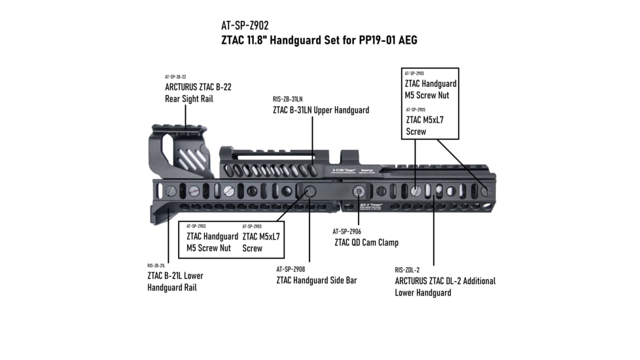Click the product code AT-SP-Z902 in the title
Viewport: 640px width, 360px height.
click(x=245, y=27)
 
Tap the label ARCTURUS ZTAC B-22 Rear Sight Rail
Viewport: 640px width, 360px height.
click(x=198, y=92)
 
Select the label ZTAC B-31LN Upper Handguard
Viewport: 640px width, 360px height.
click(x=321, y=110)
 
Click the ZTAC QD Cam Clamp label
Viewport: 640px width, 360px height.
click(x=366, y=243)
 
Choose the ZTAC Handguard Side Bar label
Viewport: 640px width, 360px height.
click(x=316, y=280)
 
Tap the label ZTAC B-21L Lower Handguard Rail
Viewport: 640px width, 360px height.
click(x=175, y=281)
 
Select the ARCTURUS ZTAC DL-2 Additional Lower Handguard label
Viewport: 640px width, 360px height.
click(x=445, y=287)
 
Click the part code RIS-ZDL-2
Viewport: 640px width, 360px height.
click(x=407, y=270)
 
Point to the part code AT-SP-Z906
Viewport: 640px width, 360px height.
click(x=346, y=231)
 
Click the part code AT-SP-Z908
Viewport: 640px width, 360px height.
click(x=291, y=268)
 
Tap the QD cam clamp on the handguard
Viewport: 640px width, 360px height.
click(x=359, y=190)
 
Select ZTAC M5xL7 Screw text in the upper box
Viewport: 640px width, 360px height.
click(x=425, y=126)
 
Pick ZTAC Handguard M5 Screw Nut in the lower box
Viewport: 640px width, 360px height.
click(x=212, y=242)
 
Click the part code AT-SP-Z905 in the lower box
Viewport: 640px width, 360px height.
click(x=253, y=226)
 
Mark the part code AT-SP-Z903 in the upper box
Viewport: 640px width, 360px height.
click(x=414, y=74)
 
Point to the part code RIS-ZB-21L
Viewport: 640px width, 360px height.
click(x=156, y=266)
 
